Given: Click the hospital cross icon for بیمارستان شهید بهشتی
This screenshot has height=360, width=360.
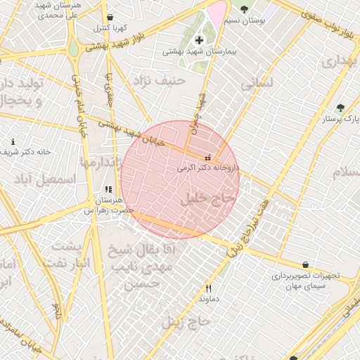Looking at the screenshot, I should [199, 40].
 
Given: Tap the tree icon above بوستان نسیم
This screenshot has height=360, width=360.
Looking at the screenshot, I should [244, 10].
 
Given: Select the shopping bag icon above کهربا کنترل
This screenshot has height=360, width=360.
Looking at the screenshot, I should [110, 18].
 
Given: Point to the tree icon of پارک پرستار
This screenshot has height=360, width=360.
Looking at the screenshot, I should [341, 108].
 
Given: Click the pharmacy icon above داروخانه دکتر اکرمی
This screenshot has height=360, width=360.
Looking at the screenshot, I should [207, 157].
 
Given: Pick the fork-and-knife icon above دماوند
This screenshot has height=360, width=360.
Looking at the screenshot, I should [208, 288].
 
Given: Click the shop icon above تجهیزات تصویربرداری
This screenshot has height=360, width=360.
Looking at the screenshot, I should [305, 265].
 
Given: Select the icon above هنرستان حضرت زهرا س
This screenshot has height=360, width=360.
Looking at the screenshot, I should [108, 189].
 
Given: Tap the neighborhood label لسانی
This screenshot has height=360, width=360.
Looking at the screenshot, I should [257, 82].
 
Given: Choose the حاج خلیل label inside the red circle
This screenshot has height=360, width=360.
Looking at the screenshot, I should [206, 198].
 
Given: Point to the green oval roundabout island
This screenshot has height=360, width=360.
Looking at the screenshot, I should [73, 46].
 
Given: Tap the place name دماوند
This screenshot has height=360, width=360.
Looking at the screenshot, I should [209, 298].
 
